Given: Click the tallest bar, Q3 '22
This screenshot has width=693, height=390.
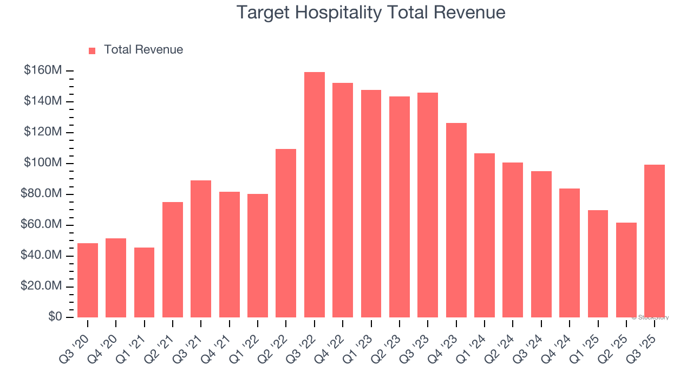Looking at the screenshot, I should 315,195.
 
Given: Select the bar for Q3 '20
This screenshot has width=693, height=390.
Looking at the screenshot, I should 88,280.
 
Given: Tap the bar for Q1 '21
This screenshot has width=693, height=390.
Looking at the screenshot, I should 144,282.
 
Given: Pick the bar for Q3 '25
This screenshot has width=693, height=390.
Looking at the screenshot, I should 655,241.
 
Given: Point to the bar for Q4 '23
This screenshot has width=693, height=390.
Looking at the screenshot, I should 456,220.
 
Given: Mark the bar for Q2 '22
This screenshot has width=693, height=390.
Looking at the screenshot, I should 286,233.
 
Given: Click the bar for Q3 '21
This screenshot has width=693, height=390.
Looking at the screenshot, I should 201,249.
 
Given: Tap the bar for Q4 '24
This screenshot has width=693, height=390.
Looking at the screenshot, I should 570,253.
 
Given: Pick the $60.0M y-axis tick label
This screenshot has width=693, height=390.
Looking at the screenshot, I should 41,225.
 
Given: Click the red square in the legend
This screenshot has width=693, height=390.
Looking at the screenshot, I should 92,50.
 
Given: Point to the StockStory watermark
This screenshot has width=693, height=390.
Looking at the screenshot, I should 650,317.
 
